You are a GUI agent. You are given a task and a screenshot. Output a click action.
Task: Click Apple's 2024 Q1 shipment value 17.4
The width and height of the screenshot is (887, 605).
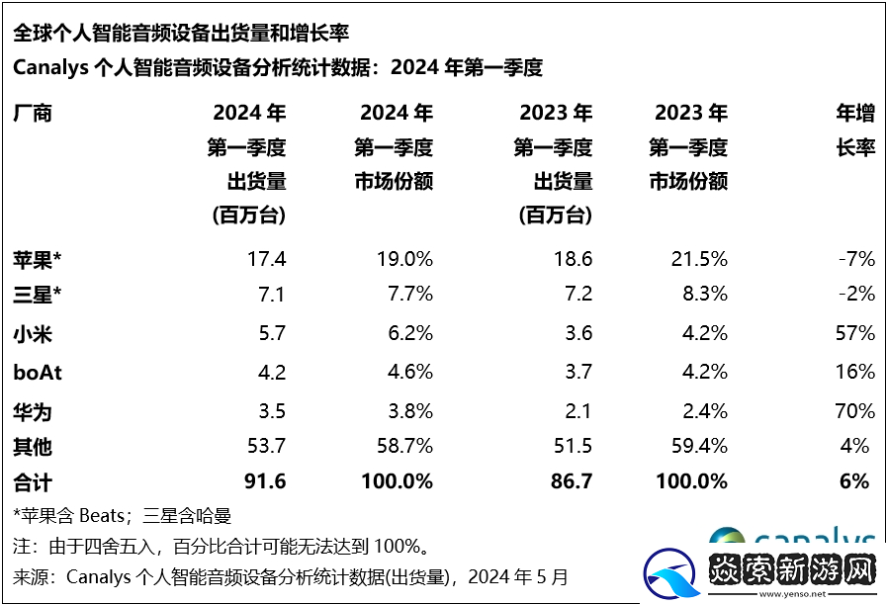point(266,260)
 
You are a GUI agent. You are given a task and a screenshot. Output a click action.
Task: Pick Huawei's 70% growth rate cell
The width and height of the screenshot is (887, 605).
point(854,409)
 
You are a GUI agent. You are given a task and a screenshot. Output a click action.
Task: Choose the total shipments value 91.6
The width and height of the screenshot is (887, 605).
point(264,482)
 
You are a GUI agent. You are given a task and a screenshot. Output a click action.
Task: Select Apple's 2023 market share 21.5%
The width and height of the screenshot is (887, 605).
point(701,260)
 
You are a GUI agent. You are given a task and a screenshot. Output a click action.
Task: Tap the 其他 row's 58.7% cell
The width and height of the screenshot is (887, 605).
point(406,447)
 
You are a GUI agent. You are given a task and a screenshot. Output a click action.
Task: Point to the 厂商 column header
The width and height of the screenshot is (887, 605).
point(32,113)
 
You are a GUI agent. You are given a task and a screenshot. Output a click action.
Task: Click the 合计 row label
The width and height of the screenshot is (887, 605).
point(32,482)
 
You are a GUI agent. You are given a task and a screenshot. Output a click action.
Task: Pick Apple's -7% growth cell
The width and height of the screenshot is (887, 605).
point(856,260)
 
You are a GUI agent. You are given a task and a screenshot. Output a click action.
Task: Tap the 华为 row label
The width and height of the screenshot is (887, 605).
point(32,409)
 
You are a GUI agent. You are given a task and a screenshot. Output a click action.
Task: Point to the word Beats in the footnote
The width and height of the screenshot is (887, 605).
point(100,515)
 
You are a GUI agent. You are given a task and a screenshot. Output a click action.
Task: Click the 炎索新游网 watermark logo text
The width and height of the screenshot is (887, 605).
point(790,572)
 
